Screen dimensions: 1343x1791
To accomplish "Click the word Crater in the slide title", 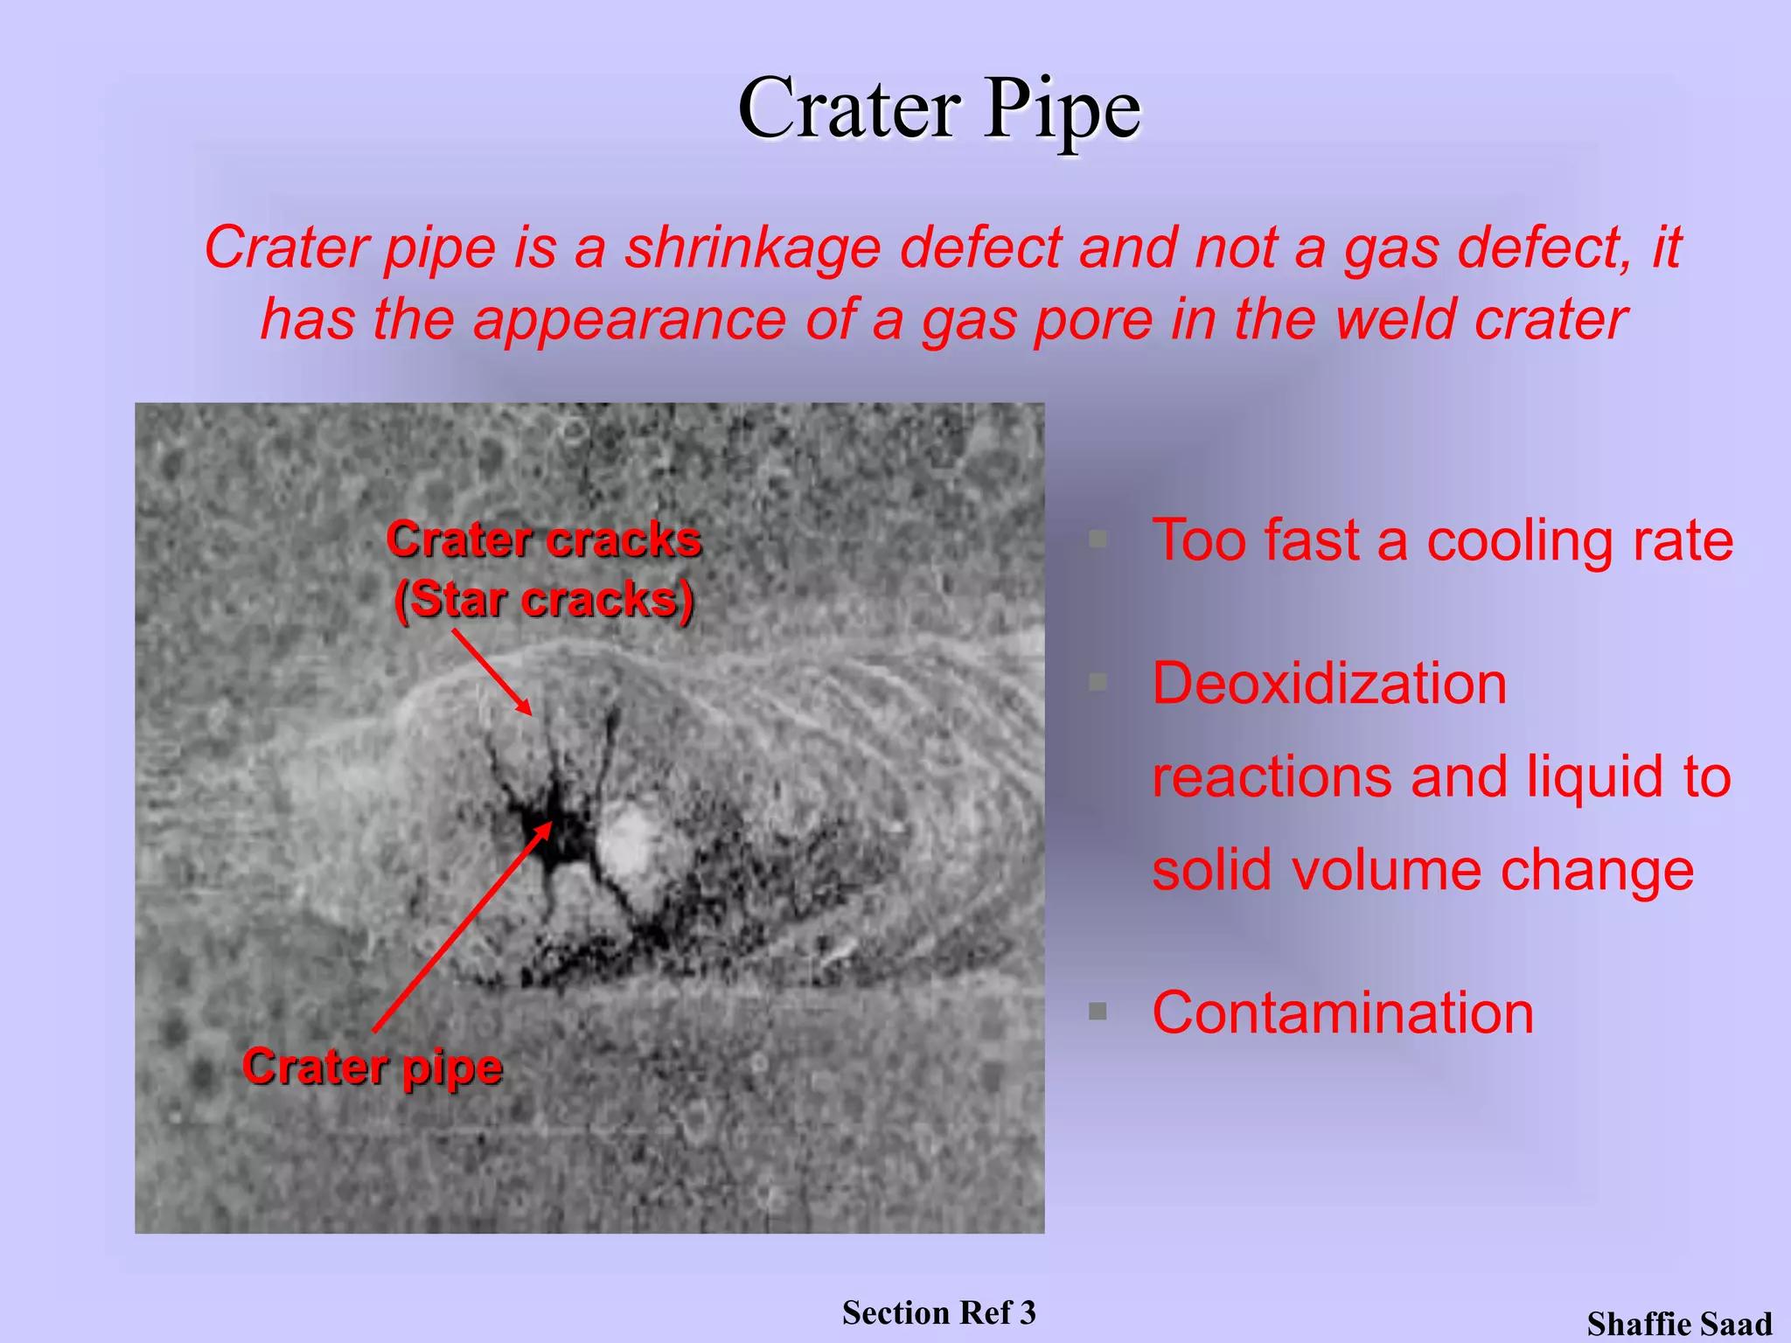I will tap(848, 109).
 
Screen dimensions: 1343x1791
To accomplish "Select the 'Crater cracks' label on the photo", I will tap(544, 539).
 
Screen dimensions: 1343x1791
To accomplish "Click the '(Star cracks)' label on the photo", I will tap(544, 600).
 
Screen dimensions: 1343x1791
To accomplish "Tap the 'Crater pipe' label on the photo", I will tap(373, 1067).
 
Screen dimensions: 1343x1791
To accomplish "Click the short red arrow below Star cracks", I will tap(491, 672).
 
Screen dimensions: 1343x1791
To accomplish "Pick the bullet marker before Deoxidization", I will tap(1098, 682).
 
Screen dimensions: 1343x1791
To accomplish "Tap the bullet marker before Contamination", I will tap(1098, 1012).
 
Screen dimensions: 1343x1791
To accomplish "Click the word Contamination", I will tap(1342, 1012).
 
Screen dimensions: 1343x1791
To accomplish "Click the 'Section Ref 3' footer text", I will tap(938, 1312).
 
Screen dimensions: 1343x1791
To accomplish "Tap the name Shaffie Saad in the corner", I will tap(1679, 1324).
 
